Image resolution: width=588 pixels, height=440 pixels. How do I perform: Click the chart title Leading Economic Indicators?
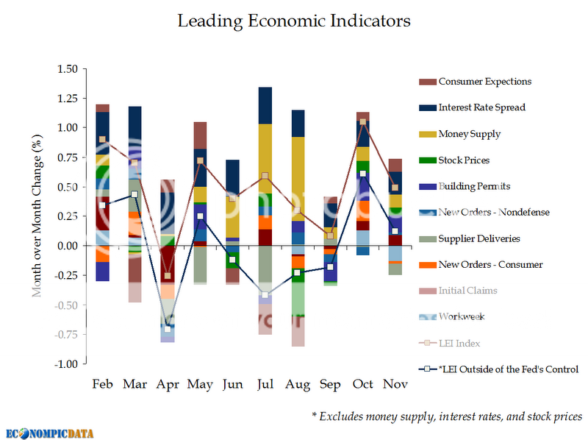coord(294,21)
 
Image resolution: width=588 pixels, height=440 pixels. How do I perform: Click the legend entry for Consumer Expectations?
coord(484,81)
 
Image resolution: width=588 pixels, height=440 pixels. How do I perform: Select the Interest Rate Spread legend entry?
coord(481,107)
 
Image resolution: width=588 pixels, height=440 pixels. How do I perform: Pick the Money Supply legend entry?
coord(469,134)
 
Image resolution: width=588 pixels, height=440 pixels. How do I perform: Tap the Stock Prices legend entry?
coord(465,160)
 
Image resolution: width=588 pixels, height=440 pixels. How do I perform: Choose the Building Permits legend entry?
coord(473,186)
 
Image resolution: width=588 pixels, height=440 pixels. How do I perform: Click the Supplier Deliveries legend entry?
coord(478,238)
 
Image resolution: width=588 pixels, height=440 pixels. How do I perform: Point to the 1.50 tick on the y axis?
coord(68,69)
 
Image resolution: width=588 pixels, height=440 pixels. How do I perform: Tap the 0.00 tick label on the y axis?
coord(68,246)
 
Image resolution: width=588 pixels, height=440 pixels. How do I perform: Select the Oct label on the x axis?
coord(362,385)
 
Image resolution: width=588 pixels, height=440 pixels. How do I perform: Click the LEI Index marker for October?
coord(362,121)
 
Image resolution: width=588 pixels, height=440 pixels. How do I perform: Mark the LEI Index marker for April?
coord(168,276)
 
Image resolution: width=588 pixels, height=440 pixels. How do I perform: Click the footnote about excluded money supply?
coord(447,416)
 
